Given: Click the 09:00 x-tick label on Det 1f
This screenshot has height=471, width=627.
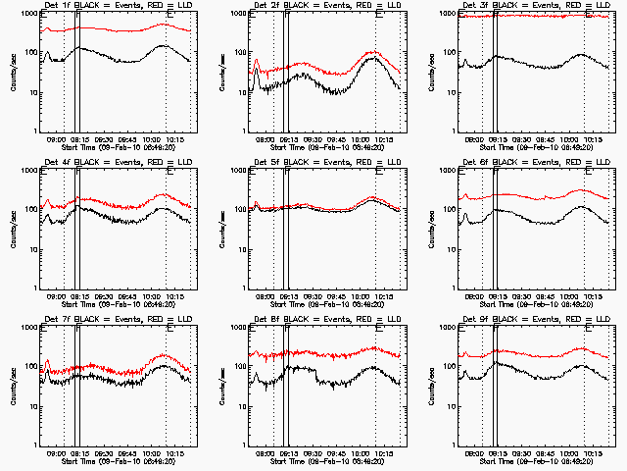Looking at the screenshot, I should [56, 138].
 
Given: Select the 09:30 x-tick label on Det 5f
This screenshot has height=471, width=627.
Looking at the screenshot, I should [313, 295].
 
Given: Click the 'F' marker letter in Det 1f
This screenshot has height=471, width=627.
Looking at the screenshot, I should [78, 16].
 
